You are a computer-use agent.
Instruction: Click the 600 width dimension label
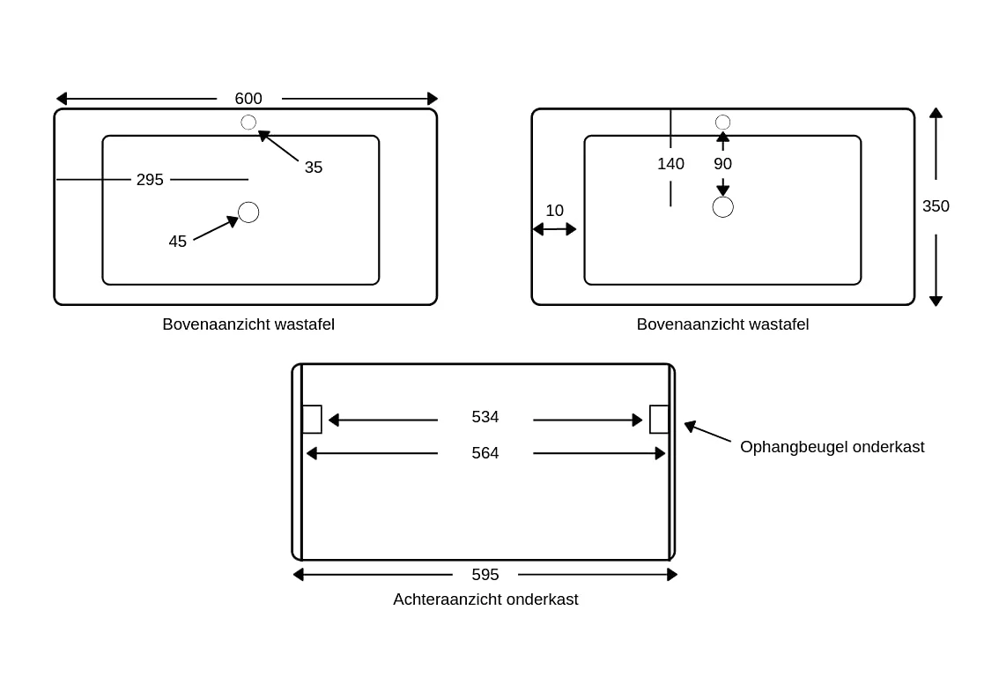248,99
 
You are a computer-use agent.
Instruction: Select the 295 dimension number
150,180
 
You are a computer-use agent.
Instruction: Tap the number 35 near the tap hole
314,167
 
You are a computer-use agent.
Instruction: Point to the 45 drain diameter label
178,242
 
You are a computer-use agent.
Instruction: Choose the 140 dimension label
671,164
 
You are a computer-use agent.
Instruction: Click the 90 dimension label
722,164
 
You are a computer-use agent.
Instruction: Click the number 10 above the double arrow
554,211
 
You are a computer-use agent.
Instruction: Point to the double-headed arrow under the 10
554,229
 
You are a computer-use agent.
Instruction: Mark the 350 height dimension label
936,206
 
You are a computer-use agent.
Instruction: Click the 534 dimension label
485,417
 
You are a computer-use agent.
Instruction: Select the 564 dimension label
485,453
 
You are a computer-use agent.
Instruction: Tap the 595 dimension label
485,575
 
